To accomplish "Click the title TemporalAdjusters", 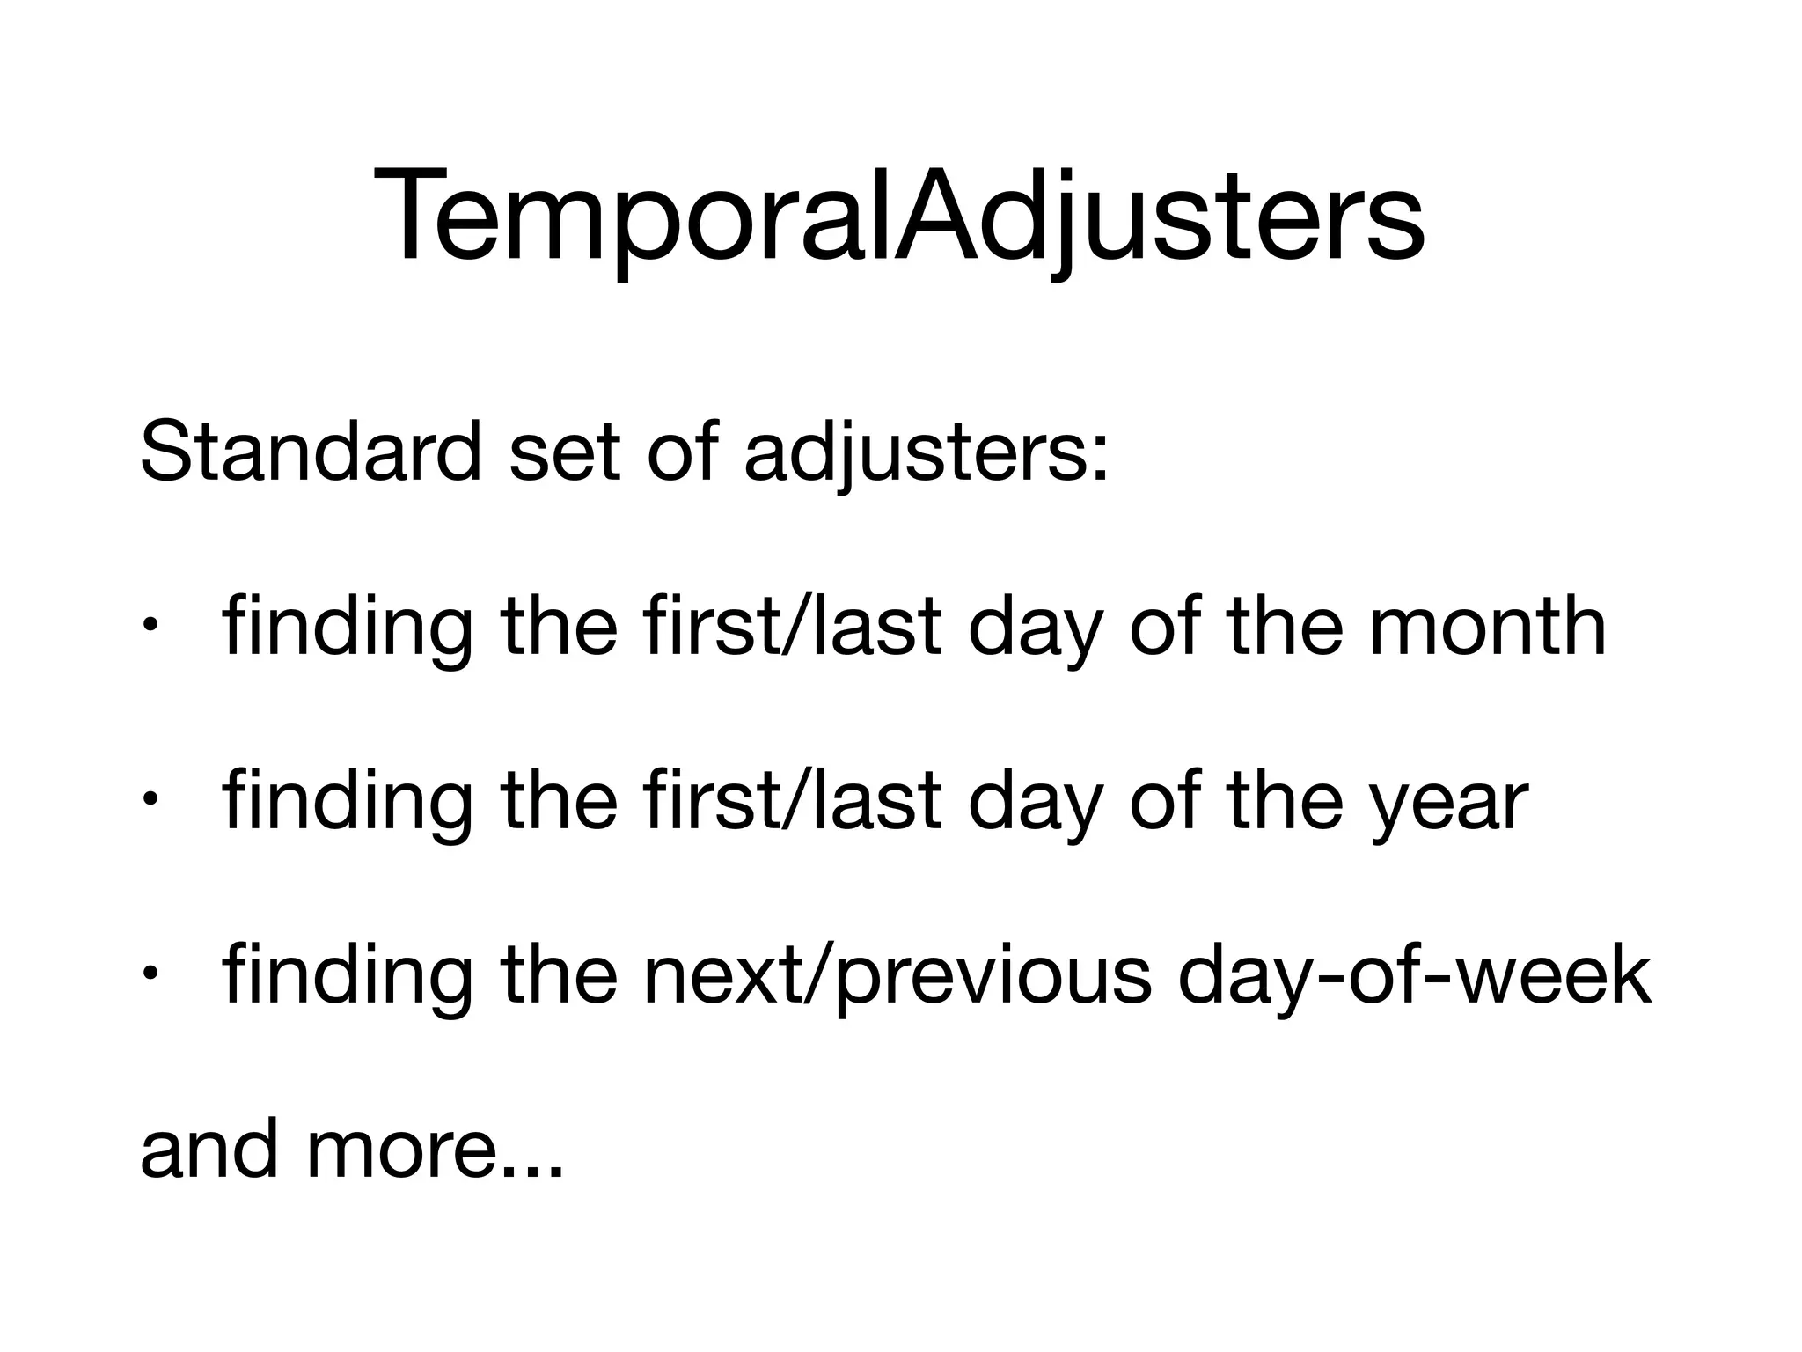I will click(x=899, y=217).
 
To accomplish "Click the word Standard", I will click(x=310, y=452).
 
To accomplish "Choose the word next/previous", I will click(x=897, y=977).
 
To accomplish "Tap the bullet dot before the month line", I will click(x=150, y=628).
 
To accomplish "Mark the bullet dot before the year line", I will click(x=150, y=801).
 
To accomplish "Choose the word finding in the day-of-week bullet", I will click(x=347, y=977).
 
